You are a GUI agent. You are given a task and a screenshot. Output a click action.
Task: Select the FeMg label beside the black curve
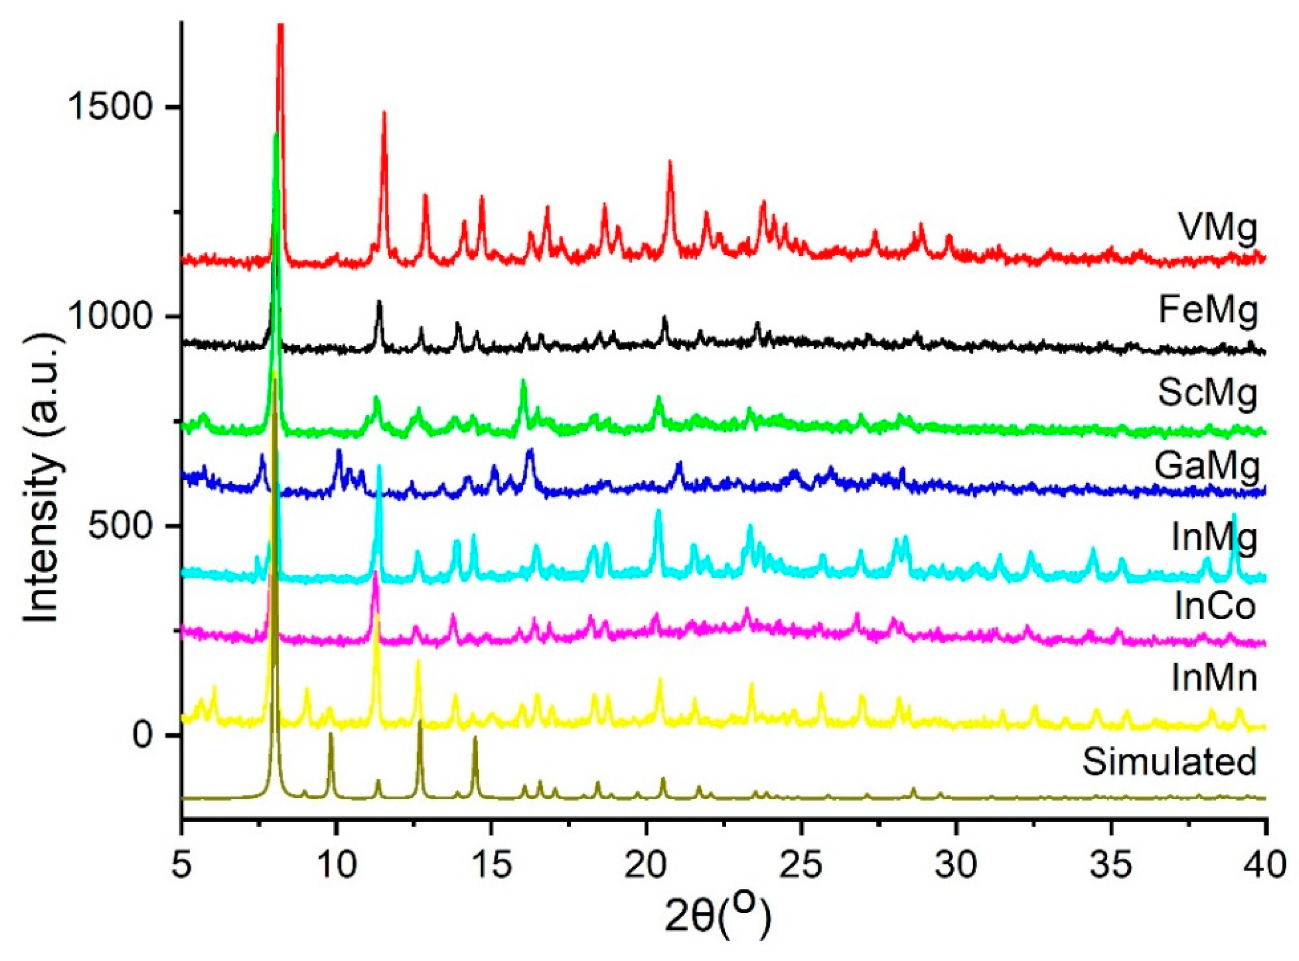coord(1207,311)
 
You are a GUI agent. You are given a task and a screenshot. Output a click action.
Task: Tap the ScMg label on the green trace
coord(1207,394)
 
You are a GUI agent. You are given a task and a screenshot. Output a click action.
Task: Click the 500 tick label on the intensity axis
coord(123,527)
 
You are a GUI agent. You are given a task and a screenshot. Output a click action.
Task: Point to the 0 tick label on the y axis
coord(149,736)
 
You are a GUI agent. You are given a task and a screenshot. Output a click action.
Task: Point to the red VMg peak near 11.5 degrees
coord(384,113)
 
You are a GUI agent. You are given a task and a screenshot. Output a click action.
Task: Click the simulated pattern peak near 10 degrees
coord(331,734)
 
